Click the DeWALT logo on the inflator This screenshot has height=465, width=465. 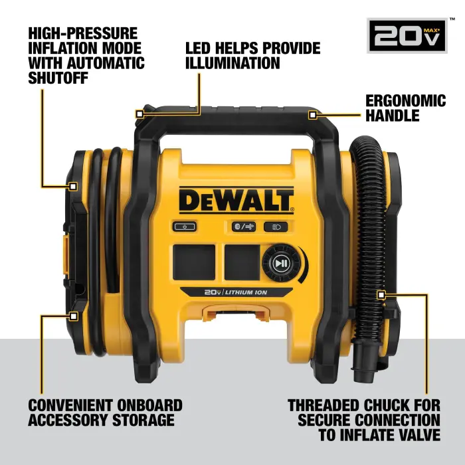click(x=236, y=199)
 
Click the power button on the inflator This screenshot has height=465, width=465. click(x=185, y=227)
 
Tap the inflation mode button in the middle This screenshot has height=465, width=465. click(x=235, y=227)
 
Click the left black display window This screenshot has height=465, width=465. click(x=194, y=261)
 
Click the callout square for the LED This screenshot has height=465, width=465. click(x=139, y=114)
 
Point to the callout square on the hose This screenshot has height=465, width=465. click(x=381, y=293)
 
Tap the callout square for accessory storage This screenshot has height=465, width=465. click(x=74, y=316)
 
